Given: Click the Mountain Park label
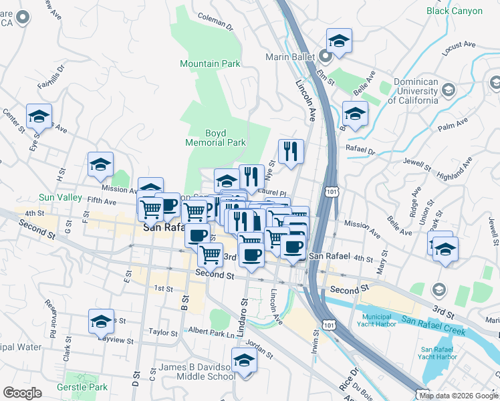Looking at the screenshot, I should [210, 64].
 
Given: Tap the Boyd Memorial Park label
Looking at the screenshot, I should [216, 138].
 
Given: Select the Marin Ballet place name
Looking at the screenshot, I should [289, 57].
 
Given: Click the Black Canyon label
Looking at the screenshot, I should [454, 11].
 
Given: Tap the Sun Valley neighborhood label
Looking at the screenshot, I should [59, 198].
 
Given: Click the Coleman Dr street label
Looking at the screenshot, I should [215, 24].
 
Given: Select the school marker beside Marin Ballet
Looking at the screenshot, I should [340, 41].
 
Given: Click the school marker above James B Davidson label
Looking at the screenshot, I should [245, 360].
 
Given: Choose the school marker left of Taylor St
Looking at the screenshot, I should [101, 321].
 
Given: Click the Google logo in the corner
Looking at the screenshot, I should [22, 393].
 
